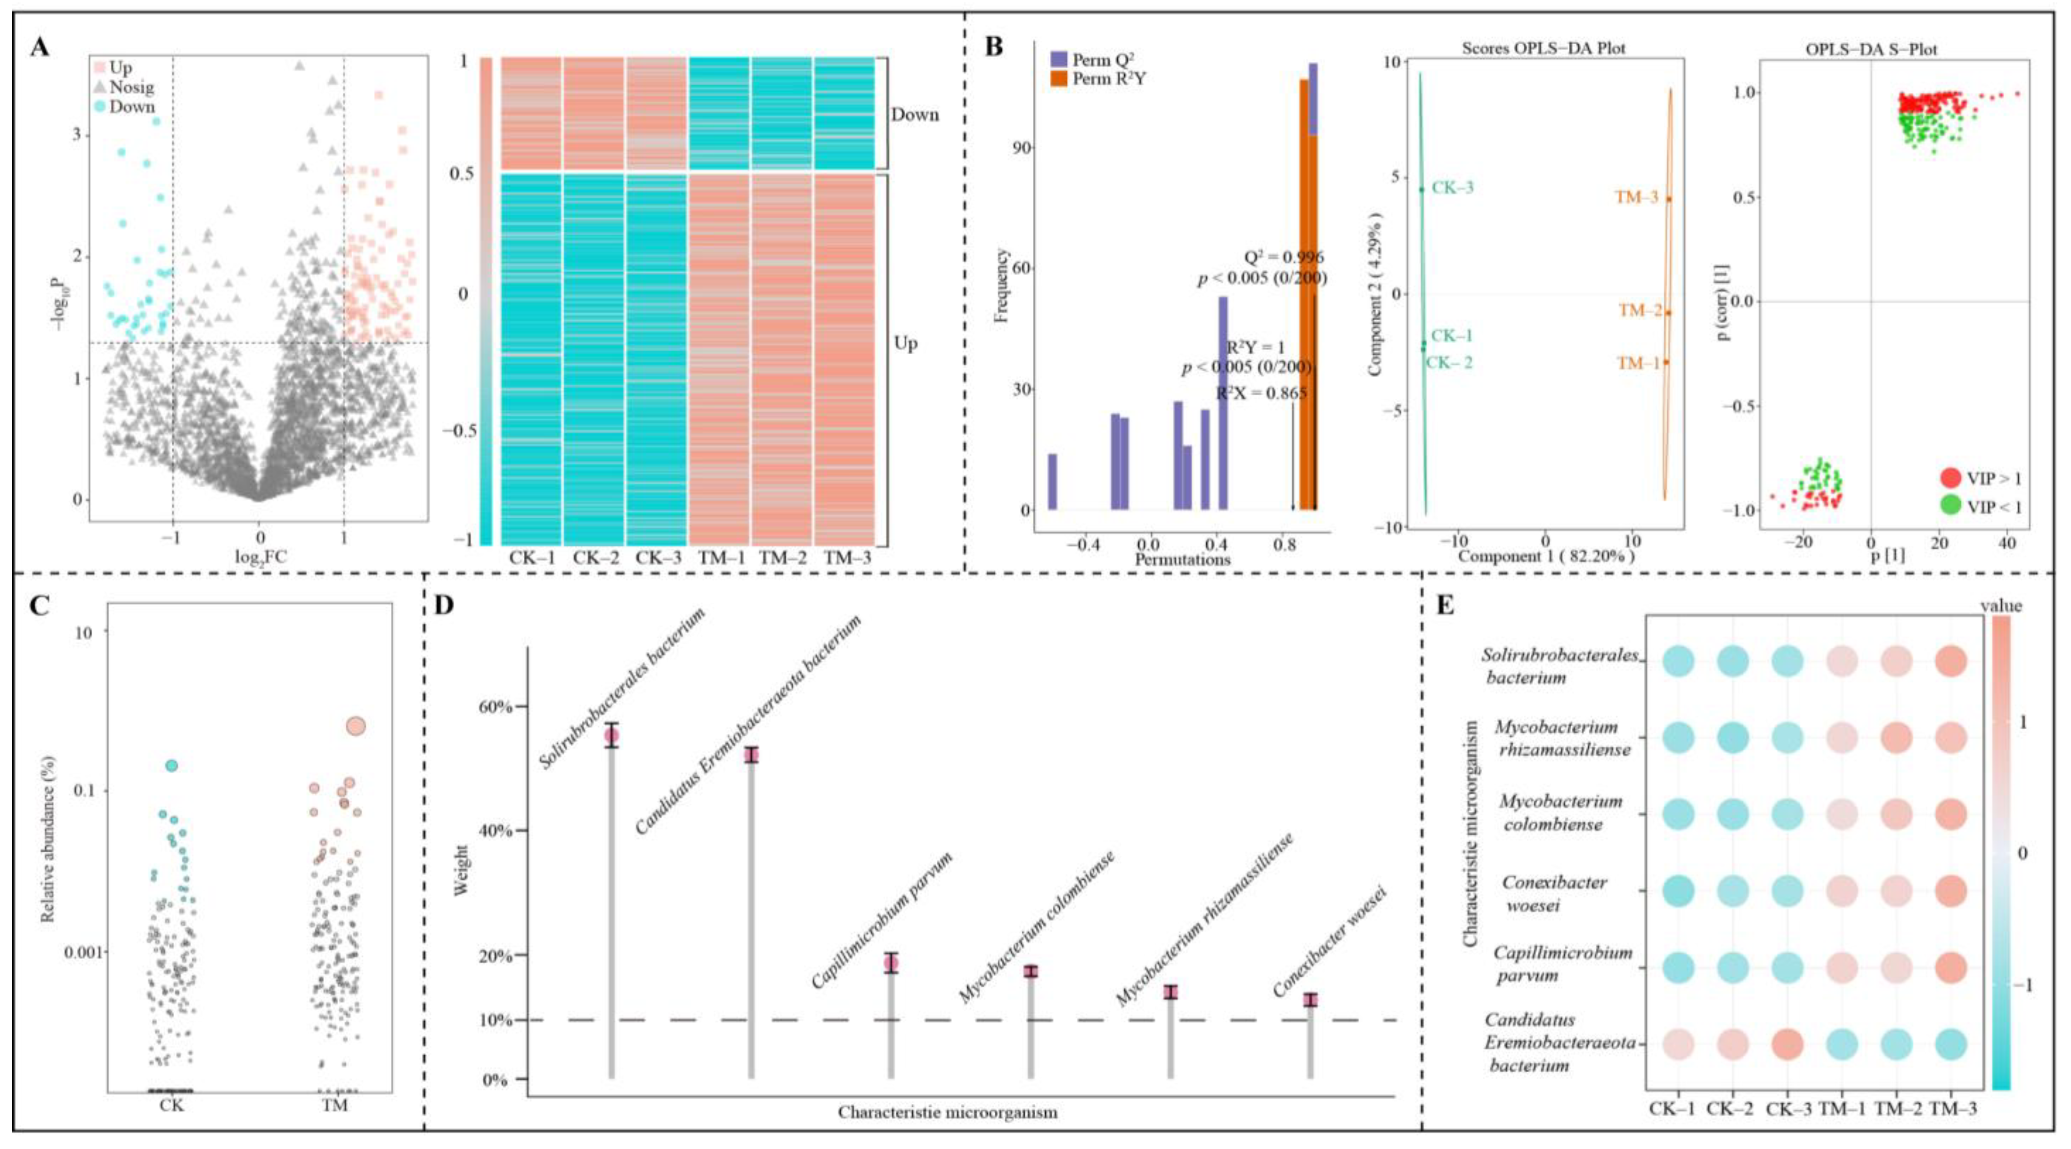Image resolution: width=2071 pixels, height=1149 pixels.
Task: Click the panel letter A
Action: [x=40, y=48]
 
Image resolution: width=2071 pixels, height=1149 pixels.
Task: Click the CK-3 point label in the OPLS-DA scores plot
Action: [x=1453, y=188]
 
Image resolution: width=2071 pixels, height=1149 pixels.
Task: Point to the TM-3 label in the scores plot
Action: [x=1637, y=198]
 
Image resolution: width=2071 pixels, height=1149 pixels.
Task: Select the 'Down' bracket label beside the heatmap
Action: [x=915, y=115]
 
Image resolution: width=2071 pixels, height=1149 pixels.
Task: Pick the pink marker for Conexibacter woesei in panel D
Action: [x=1310, y=1000]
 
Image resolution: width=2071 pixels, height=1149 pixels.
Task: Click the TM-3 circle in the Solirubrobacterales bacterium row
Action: [x=1950, y=662]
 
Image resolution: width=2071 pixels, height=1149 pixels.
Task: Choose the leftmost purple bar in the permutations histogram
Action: [x=1052, y=481]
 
